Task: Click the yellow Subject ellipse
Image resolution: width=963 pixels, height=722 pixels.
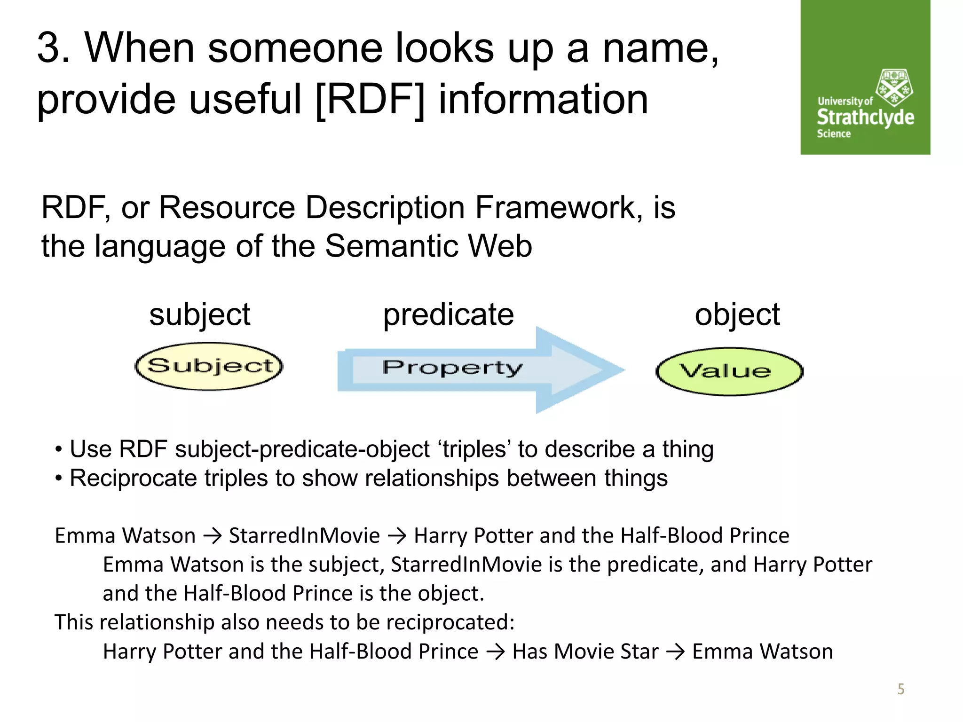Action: pos(209,366)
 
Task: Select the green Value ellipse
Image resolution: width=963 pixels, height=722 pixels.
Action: pos(729,371)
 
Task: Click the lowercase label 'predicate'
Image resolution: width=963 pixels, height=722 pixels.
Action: pos(448,314)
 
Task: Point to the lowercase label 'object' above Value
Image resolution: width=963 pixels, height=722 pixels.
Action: pos(737,314)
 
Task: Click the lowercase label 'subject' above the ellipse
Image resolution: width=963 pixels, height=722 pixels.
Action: pos(199,314)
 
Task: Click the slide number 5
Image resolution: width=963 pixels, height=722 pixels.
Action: pos(900,689)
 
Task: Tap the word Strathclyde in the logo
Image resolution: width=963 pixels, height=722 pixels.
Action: pos(865,117)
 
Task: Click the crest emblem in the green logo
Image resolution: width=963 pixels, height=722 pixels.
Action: pos(893,87)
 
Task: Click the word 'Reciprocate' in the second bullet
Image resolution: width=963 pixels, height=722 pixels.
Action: pos(133,479)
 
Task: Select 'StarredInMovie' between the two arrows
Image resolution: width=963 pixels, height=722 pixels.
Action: pos(304,536)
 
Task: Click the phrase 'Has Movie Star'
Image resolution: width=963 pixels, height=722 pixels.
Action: pos(585,651)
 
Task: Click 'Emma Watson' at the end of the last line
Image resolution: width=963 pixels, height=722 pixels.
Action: pos(762,651)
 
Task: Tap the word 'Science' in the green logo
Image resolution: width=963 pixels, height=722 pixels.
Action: pos(833,134)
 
